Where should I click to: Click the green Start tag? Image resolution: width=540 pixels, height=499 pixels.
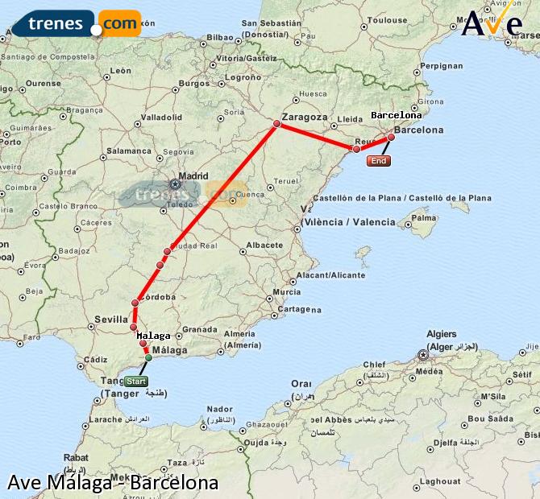(136, 381)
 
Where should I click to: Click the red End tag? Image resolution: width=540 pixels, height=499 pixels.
(378, 161)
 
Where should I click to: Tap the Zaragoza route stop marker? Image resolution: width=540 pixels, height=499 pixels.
(276, 123)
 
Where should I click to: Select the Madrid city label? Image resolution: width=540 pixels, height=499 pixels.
(193, 175)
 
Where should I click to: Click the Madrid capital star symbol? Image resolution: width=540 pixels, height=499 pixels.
(175, 184)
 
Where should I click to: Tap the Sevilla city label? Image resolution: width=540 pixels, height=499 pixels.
(111, 319)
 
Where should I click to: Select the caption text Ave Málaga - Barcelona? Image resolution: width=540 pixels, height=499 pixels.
(113, 483)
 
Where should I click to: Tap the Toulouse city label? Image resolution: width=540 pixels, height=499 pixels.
(393, 20)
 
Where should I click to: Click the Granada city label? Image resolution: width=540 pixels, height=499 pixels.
(199, 329)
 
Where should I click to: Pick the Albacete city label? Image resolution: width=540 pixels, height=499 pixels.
(264, 245)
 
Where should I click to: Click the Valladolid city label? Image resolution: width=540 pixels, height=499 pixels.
(162, 117)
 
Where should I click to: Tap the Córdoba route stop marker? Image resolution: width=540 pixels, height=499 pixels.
(135, 303)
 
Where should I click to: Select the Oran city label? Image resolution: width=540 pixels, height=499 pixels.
(301, 383)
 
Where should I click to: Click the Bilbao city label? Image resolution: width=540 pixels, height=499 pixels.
(220, 37)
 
